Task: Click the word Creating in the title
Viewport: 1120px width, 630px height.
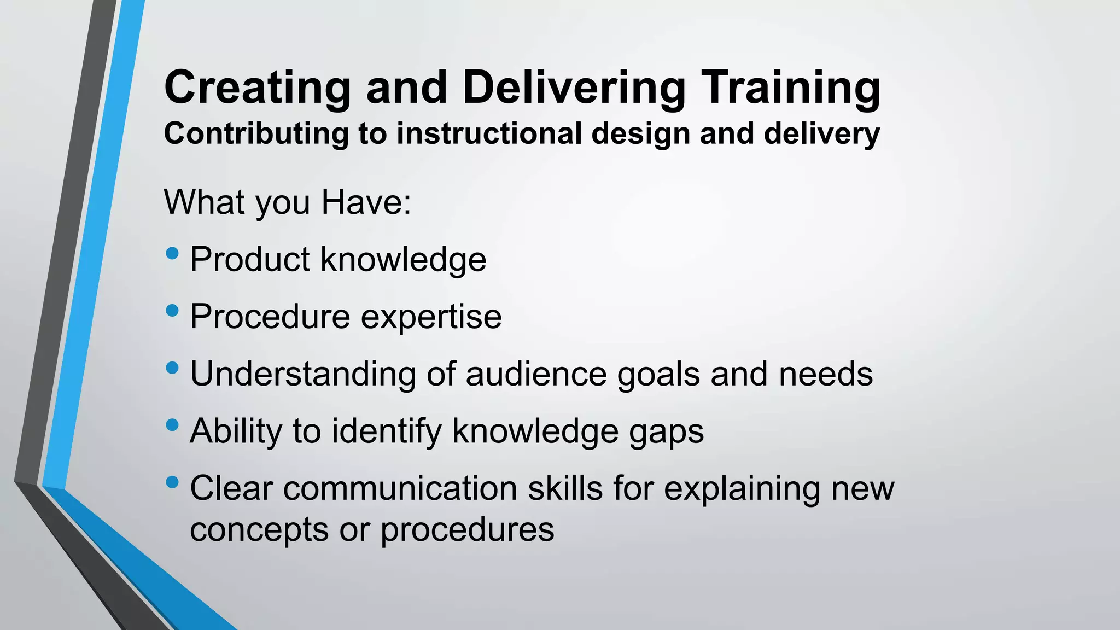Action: coord(257,87)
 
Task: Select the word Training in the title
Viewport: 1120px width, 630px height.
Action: coord(791,87)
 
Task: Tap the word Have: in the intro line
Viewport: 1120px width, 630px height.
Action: coord(366,202)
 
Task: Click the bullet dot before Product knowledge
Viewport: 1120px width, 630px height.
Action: coord(172,253)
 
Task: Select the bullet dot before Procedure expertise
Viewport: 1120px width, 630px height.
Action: coord(172,311)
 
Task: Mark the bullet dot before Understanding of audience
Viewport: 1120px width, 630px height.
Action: coord(172,368)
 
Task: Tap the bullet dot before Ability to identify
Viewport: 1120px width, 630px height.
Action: coord(172,425)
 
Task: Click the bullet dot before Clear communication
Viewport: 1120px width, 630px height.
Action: coord(172,482)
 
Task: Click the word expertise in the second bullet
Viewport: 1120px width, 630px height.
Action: coord(431,317)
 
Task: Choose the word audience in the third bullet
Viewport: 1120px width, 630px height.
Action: coord(536,374)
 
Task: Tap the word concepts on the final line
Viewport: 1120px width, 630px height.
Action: coord(259,529)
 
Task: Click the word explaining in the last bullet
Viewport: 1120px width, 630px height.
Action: coord(742,489)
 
